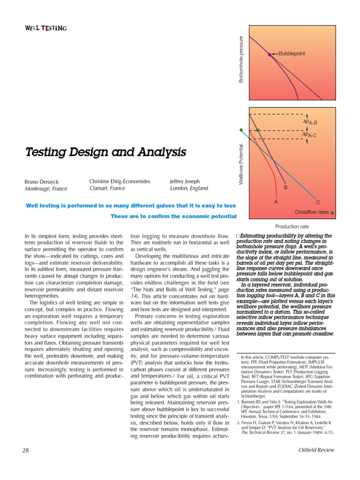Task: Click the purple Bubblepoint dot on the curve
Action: pyautogui.click(x=270, y=54)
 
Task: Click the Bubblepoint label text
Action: pyautogui.click(x=292, y=54)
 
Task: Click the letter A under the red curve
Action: pyautogui.click(x=276, y=202)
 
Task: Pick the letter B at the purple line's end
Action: pyautogui.click(x=286, y=187)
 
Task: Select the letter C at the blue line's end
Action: pyautogui.click(x=317, y=202)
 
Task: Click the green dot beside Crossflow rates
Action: pyautogui.click(x=332, y=213)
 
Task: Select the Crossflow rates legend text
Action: pyautogui.click(x=311, y=212)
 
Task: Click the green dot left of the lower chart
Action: pyautogui.click(x=241, y=130)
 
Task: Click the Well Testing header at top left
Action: pyautogui.click(x=45, y=28)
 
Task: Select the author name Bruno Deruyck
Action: pyautogui.click(x=42, y=181)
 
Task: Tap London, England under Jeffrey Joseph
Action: pyautogui.click(x=189, y=188)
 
